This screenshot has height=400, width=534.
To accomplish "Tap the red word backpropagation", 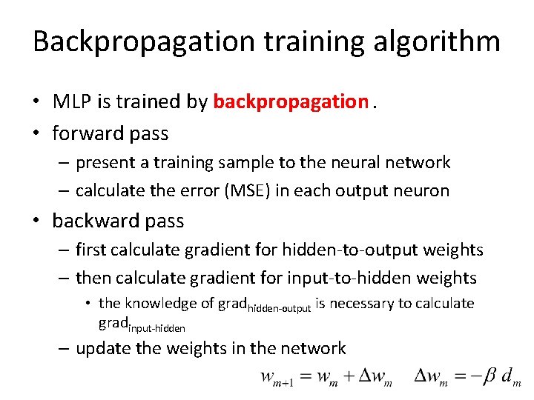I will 290,102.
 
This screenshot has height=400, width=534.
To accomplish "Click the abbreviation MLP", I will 71,102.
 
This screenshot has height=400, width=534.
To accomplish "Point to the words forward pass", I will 111,133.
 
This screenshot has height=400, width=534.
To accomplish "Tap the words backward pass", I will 118,221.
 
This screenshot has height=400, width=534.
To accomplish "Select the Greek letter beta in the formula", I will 489,378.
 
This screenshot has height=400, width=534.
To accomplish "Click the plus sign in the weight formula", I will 346,378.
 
